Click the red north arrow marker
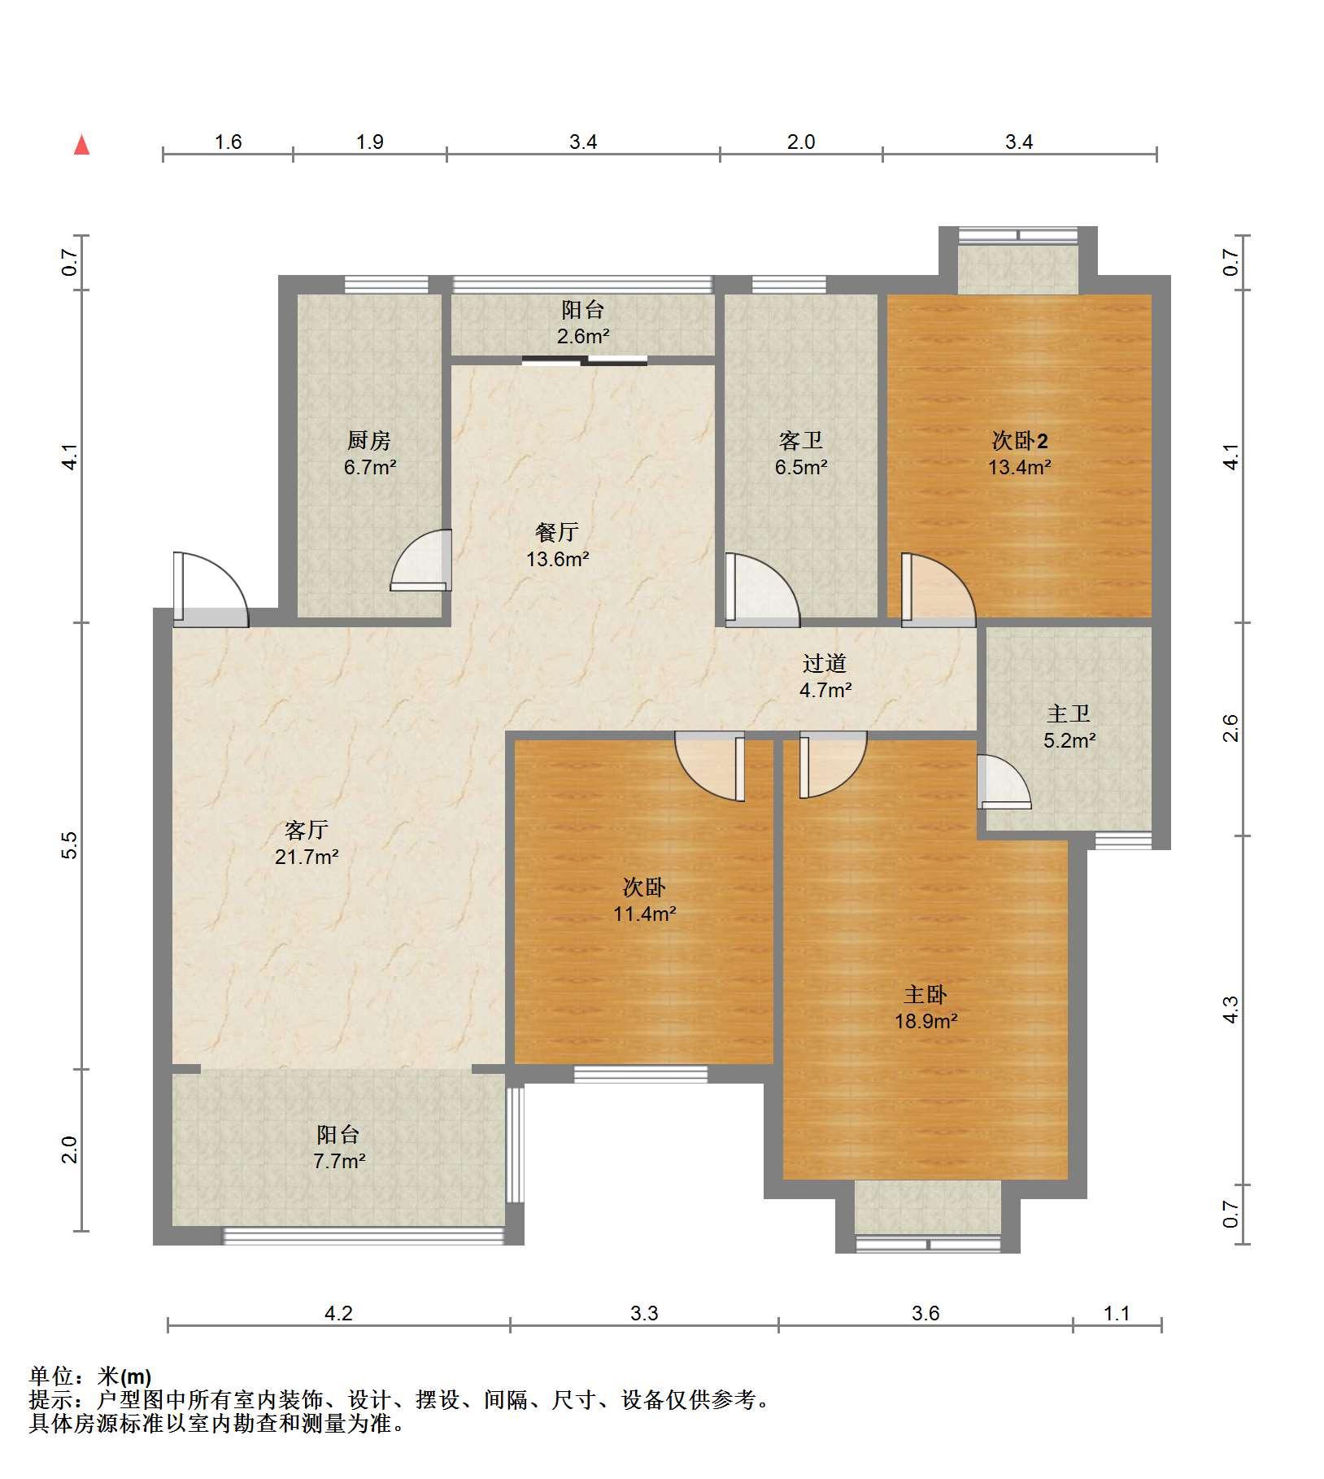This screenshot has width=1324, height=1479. [81, 145]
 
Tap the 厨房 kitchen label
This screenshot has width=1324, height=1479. [369, 441]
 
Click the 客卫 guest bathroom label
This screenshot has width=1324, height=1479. [800, 441]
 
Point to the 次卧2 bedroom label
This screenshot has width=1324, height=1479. [1020, 441]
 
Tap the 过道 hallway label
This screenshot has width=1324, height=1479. [825, 664]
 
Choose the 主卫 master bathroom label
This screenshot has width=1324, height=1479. [1069, 714]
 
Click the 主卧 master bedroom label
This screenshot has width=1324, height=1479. [925, 994]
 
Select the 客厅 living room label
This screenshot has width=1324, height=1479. [307, 830]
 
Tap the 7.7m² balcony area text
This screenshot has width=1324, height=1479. [339, 1161]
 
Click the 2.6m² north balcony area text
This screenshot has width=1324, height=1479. [583, 336]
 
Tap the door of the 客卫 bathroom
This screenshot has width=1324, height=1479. [762, 590]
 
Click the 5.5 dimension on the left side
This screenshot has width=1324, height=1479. [71, 845]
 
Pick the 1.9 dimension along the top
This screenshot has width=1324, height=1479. [369, 142]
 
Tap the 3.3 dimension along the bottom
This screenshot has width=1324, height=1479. [643, 1313]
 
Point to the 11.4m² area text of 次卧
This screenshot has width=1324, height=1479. [645, 914]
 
